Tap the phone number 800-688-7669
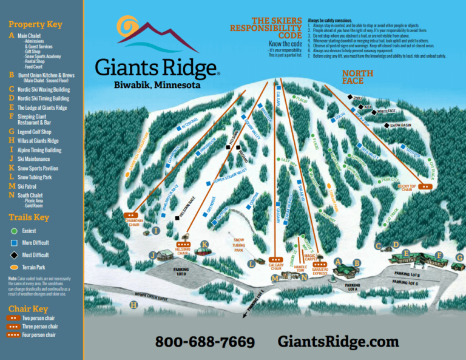[204, 342]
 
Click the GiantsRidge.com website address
[338, 342]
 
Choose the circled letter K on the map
[204, 245]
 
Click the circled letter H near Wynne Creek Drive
[133, 305]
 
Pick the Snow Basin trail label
[400, 126]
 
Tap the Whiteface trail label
[386, 112]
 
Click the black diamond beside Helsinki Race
[177, 217]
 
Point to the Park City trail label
[390, 180]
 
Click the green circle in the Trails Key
[13, 231]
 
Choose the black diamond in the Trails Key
[13, 256]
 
